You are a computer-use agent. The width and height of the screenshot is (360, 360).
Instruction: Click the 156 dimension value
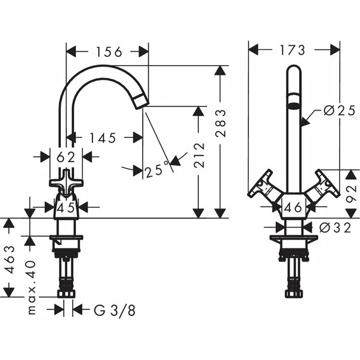point(107,53)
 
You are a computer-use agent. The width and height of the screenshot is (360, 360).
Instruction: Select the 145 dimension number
point(103,138)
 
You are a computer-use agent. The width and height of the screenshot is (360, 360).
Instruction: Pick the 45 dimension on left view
point(66,208)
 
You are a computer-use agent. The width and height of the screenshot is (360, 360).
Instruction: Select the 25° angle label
point(155,170)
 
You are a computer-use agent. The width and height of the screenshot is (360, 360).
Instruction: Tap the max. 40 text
point(30,287)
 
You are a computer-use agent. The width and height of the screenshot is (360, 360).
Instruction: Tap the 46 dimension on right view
point(293,208)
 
